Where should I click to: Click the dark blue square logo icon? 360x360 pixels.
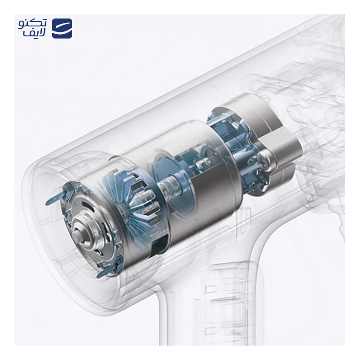[x=62, y=28]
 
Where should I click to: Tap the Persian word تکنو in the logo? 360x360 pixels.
[x=32, y=24]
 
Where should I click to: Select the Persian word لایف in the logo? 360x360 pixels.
[x=35, y=33]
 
